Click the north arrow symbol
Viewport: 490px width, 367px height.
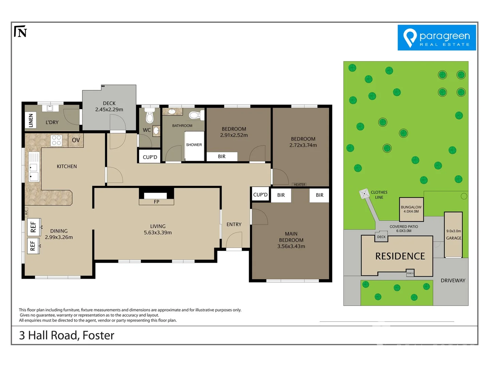pyautogui.click(x=20, y=32)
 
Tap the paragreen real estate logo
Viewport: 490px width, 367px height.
pyautogui.click(x=437, y=38)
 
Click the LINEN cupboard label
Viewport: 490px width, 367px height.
pyautogui.click(x=31, y=120)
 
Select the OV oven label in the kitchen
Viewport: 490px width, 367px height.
pyautogui.click(x=76, y=140)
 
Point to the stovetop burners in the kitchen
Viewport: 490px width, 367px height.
pyautogui.click(x=56, y=140)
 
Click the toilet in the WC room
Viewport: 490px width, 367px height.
pyautogui.click(x=150, y=116)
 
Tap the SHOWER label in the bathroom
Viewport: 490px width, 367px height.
pyautogui.click(x=194, y=145)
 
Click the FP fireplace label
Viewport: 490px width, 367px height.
pyautogui.click(x=157, y=202)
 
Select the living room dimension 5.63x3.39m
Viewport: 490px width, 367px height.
pyautogui.click(x=158, y=233)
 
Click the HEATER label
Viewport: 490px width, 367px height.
pyautogui.click(x=299, y=185)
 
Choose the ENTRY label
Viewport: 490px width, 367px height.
pyautogui.click(x=234, y=225)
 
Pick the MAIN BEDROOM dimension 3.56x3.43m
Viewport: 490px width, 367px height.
pyautogui.click(x=291, y=246)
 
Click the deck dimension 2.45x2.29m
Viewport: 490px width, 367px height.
pyautogui.click(x=109, y=109)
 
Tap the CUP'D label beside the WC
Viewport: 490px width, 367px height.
pyautogui.click(x=150, y=157)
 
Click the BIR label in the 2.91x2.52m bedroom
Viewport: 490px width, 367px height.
pyautogui.click(x=222, y=157)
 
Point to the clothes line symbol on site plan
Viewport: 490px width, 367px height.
pyautogui.click(x=364, y=194)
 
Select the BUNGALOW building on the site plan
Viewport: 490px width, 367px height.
pyautogui.click(x=411, y=209)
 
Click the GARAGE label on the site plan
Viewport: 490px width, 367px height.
pyautogui.click(x=454, y=238)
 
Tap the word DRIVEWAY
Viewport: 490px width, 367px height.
pyautogui.click(x=453, y=281)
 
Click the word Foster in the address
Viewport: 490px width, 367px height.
pyautogui.click(x=98, y=335)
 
